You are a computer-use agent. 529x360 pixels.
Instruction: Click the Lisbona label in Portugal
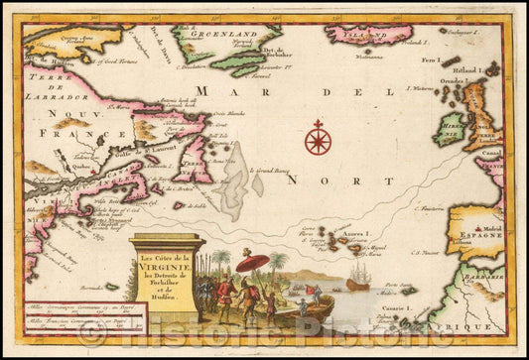tap(455, 240)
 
